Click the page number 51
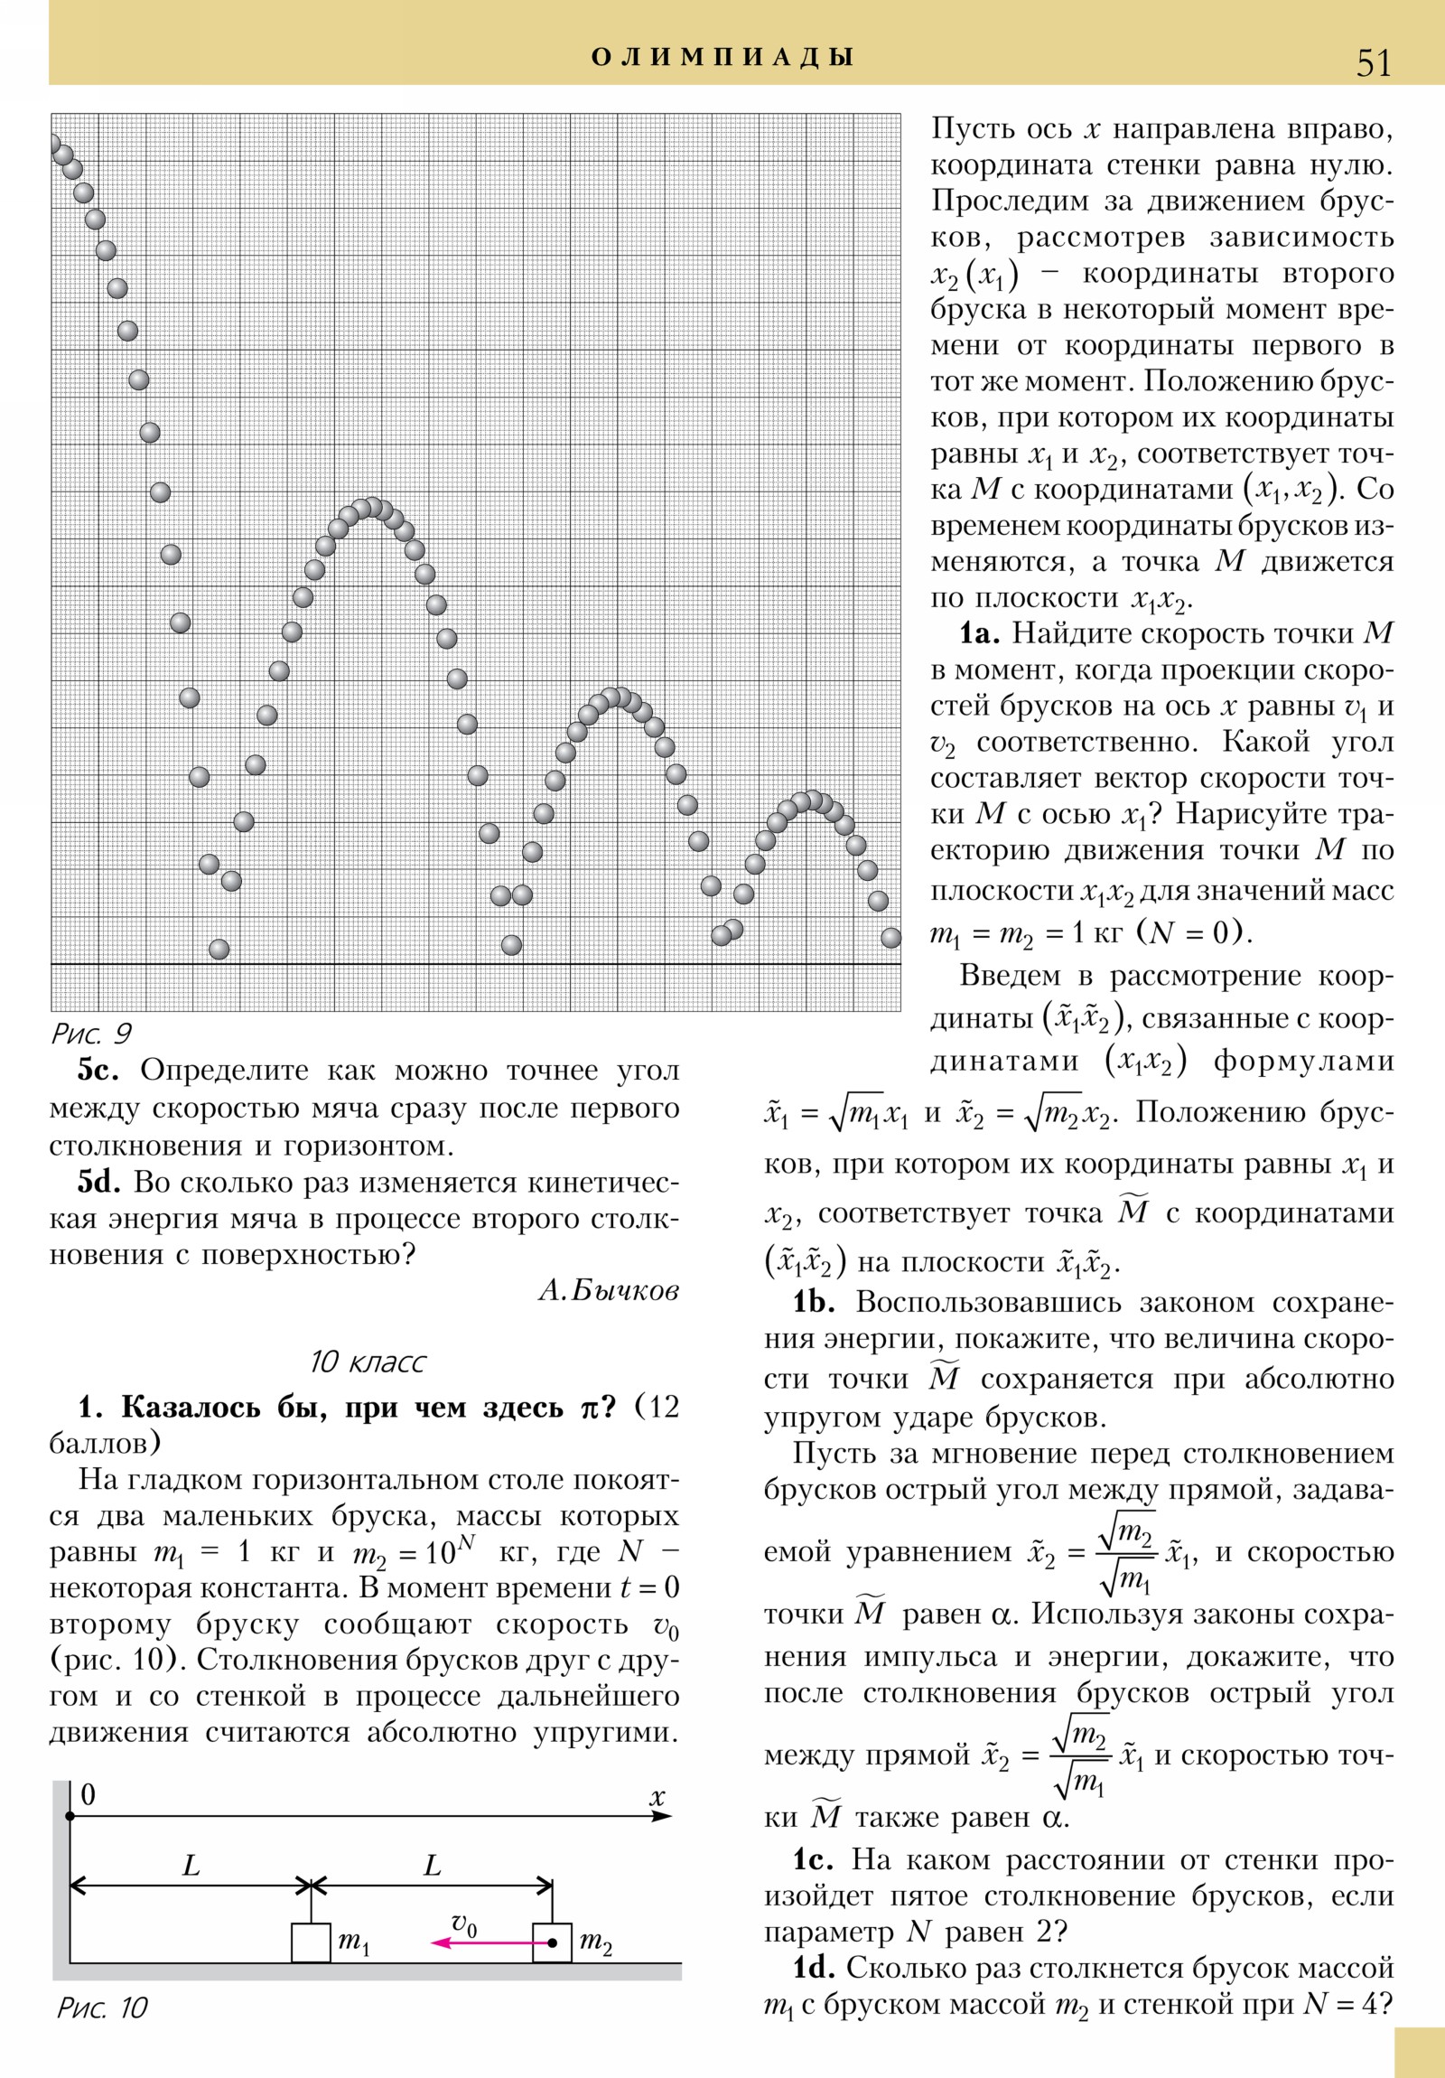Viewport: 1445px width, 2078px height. click(x=1374, y=62)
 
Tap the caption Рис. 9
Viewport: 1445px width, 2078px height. click(x=91, y=1034)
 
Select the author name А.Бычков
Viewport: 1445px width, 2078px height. click(x=608, y=1290)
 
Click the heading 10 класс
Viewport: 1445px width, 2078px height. click(x=368, y=1363)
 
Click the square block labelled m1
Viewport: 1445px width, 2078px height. click(x=311, y=1942)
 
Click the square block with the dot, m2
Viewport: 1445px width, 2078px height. click(x=551, y=1942)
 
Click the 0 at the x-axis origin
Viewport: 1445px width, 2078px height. click(x=88, y=1794)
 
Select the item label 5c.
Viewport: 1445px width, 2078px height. click(x=98, y=1071)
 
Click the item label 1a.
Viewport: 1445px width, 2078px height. click(x=979, y=633)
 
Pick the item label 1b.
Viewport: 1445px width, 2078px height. click(x=813, y=1303)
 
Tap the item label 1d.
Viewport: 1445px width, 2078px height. click(x=813, y=1968)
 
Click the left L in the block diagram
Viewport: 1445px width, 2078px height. click(x=191, y=1867)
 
